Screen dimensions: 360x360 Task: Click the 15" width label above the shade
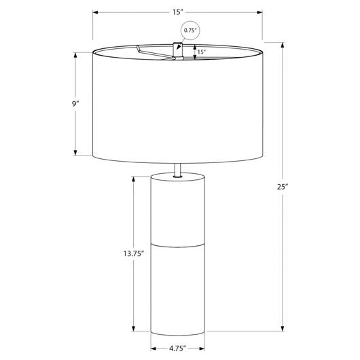(177, 12)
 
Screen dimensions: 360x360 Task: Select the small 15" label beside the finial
(201, 52)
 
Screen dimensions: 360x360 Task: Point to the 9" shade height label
(75, 104)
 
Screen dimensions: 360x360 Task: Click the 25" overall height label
(283, 187)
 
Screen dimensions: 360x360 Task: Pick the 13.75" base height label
(134, 254)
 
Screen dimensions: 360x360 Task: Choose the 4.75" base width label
(177, 348)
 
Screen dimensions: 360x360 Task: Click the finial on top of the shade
(178, 50)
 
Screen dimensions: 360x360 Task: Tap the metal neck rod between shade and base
(178, 170)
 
